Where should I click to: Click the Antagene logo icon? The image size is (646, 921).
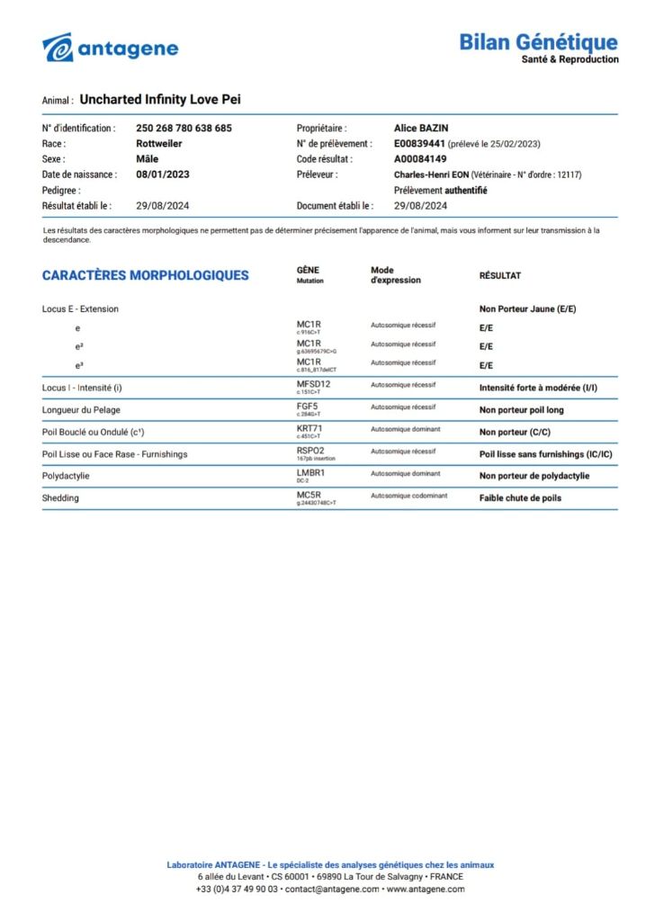click(58, 48)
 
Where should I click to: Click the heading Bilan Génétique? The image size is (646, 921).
click(538, 41)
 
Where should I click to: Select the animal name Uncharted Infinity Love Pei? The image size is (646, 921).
click(160, 100)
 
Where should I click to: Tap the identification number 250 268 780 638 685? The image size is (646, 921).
click(184, 129)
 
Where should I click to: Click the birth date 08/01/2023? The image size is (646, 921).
click(162, 174)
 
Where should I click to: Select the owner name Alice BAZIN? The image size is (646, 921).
click(421, 129)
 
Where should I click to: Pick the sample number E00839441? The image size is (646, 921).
click(419, 144)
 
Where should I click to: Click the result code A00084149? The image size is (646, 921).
click(419, 159)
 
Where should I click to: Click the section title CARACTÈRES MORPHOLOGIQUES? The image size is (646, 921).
click(145, 275)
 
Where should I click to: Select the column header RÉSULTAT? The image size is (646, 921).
click(499, 276)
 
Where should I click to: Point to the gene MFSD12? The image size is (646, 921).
click(315, 385)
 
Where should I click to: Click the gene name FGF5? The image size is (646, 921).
click(307, 407)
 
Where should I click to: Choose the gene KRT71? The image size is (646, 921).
click(310, 428)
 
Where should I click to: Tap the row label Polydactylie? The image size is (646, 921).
click(66, 476)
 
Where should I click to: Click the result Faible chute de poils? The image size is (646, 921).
click(521, 497)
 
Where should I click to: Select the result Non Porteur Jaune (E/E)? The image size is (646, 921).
click(527, 309)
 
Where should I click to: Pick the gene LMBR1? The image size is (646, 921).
click(310, 472)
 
